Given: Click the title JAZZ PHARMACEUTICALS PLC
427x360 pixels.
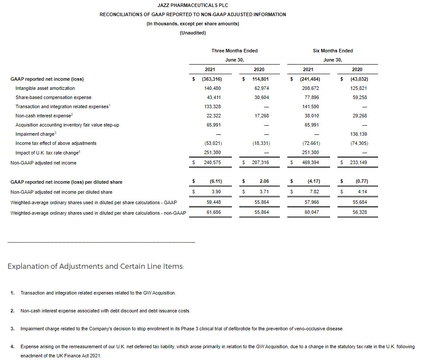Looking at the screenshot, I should (x=193, y=5).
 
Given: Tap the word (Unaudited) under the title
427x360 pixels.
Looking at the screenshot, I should (x=193, y=33).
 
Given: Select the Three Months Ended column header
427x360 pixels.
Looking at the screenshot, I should (x=234, y=51).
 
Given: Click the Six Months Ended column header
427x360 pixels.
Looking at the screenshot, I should (x=333, y=51).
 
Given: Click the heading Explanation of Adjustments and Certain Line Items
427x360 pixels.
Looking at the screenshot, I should (x=96, y=266).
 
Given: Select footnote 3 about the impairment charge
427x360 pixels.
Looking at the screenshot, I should (x=182, y=328).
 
